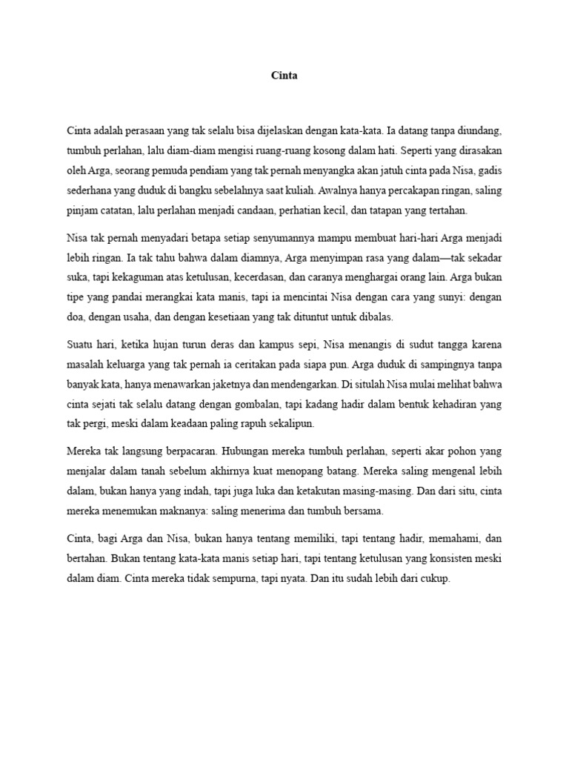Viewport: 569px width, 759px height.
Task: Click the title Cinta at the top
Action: (x=284, y=76)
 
